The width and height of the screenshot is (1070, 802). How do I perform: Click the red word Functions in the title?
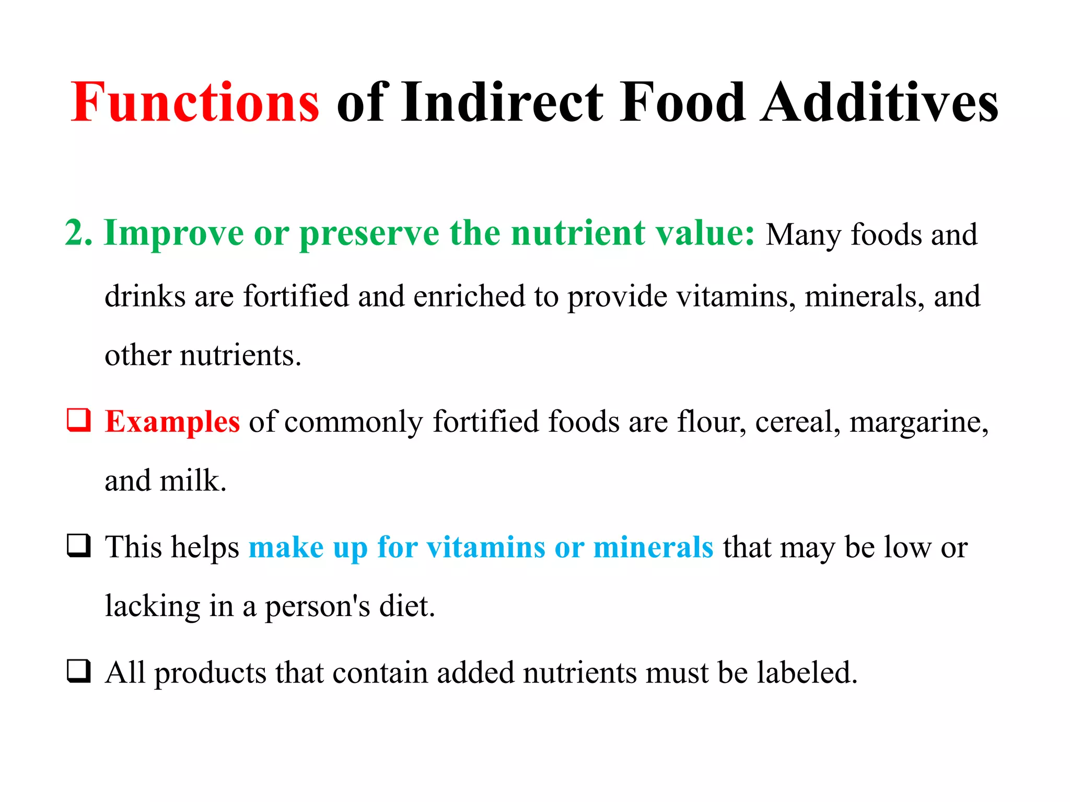pos(195,103)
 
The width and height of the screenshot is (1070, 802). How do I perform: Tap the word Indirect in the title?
pos(502,103)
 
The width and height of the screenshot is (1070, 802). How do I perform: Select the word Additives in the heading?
pos(879,103)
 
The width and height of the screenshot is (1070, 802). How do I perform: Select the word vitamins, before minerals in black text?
pos(736,296)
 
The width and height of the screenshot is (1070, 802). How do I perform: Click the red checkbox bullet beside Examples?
pos(79,420)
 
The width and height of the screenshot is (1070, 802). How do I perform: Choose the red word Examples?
pos(172,422)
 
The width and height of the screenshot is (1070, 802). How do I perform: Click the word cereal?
pos(798,422)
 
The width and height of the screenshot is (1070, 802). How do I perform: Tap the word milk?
pos(192,480)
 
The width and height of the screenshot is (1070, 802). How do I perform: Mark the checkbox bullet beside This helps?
pos(79,546)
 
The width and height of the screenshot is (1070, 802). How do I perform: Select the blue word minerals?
pos(653,547)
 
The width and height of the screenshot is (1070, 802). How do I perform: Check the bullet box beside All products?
pos(79,671)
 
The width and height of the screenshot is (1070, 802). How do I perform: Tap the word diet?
pos(407,606)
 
